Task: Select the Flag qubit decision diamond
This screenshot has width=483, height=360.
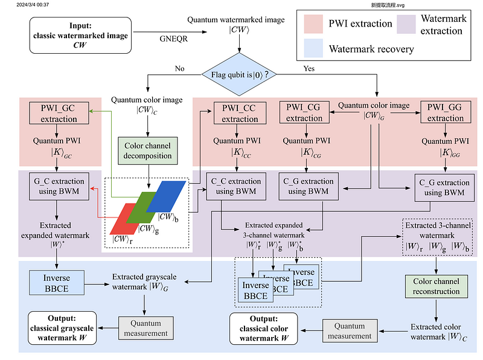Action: click(240, 75)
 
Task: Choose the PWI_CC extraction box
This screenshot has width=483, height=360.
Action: click(239, 114)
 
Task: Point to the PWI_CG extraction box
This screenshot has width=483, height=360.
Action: click(304, 113)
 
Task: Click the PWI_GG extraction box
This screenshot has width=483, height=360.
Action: click(446, 113)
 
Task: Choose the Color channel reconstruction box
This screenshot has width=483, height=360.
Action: click(436, 286)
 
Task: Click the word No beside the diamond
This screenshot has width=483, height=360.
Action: click(179, 68)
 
